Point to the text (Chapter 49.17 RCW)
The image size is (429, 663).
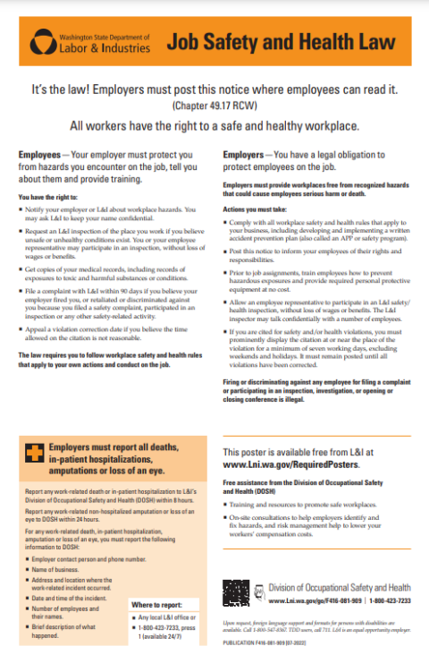coord(214,106)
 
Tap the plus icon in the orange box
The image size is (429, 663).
coord(32,455)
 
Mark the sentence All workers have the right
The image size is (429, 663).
coord(214,126)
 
